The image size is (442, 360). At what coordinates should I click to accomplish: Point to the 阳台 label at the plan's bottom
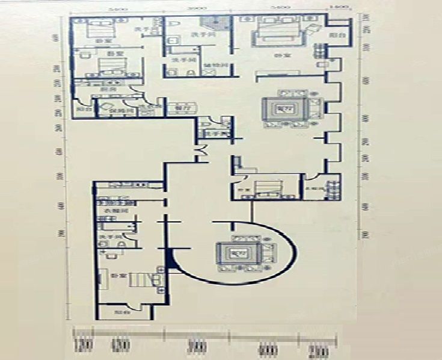(122, 312)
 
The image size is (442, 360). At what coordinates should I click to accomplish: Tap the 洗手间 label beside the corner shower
(199, 35)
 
